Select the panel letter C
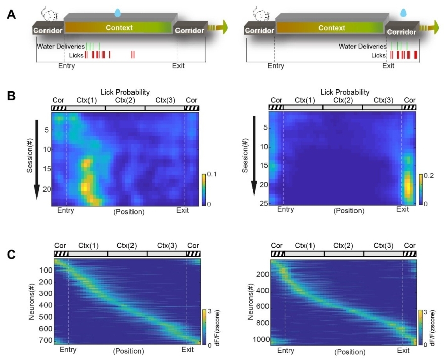tap(11, 254)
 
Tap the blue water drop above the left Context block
tap(118, 11)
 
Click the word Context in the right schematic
tap(332, 28)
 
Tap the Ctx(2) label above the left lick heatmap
tap(125, 100)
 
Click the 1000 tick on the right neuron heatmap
tap(259, 339)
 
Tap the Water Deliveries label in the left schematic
tap(61, 46)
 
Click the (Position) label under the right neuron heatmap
tap(344, 351)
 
